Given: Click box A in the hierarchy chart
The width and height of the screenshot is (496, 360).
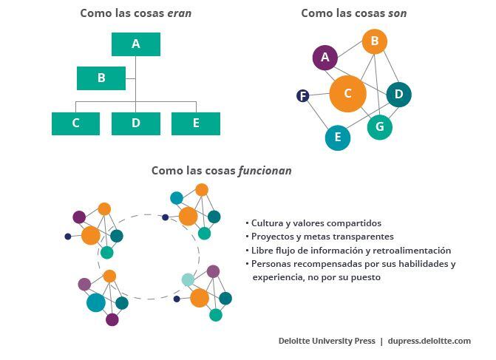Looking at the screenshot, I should [136, 44].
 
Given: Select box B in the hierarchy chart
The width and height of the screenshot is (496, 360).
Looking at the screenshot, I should [101, 78].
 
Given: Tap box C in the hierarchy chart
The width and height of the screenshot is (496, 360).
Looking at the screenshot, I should [75, 123].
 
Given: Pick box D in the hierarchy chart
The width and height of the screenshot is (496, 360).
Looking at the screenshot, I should [136, 123].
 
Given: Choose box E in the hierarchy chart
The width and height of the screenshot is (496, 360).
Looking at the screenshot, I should [196, 123].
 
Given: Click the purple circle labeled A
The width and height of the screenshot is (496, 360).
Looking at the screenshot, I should [325, 57].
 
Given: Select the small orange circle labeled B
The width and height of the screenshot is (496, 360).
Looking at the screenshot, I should [375, 41].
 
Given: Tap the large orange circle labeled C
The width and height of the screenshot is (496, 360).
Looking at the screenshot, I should [347, 93].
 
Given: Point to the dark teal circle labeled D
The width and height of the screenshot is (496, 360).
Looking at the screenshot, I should [398, 94].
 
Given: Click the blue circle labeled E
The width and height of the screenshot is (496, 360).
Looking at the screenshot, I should [338, 137].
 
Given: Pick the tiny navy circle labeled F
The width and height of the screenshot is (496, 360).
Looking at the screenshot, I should [302, 95].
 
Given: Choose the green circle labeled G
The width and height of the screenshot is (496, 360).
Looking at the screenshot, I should [380, 126].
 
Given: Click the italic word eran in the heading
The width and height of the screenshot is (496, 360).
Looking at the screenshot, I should [179, 13].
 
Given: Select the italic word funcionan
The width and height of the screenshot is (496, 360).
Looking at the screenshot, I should [265, 171].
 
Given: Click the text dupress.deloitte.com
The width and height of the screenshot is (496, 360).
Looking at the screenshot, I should [429, 341].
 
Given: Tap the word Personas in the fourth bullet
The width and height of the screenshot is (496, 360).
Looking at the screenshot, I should [272, 264].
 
